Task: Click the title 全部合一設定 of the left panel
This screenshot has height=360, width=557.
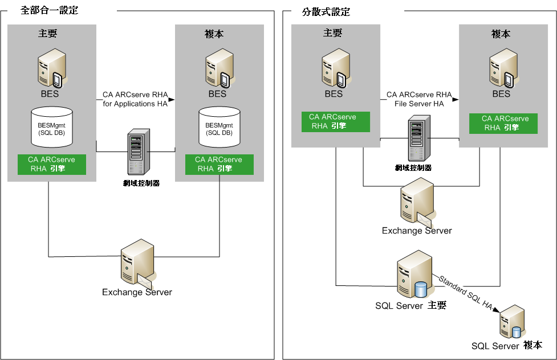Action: [x=49, y=10]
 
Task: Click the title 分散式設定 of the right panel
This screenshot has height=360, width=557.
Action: [x=325, y=11]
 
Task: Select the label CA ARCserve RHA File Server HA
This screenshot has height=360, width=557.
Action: [x=419, y=99]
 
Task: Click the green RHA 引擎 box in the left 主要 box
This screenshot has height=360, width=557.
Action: [x=52, y=164]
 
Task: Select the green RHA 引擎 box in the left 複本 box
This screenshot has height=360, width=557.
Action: [x=218, y=164]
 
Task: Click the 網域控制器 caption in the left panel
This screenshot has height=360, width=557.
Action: [x=135, y=183]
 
